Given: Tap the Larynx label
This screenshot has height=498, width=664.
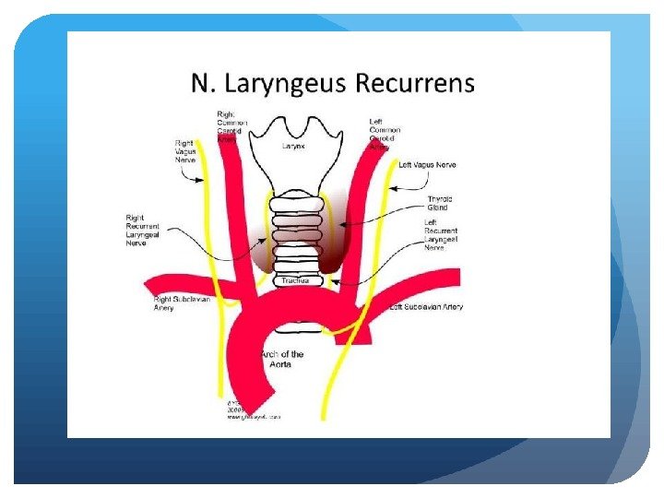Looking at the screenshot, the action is (294, 146).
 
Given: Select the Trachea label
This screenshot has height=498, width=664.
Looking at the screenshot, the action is (295, 280).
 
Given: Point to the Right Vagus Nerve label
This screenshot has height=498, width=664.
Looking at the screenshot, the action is (186, 151).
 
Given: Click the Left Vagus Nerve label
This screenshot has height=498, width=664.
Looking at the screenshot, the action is (427, 165).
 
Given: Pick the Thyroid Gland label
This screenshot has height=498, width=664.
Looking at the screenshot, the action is (438, 204).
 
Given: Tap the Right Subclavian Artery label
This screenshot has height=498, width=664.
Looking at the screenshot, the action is (175, 304).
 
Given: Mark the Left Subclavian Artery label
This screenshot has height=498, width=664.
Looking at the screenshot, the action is (426, 307).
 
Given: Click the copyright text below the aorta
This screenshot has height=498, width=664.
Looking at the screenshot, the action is (251, 410).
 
